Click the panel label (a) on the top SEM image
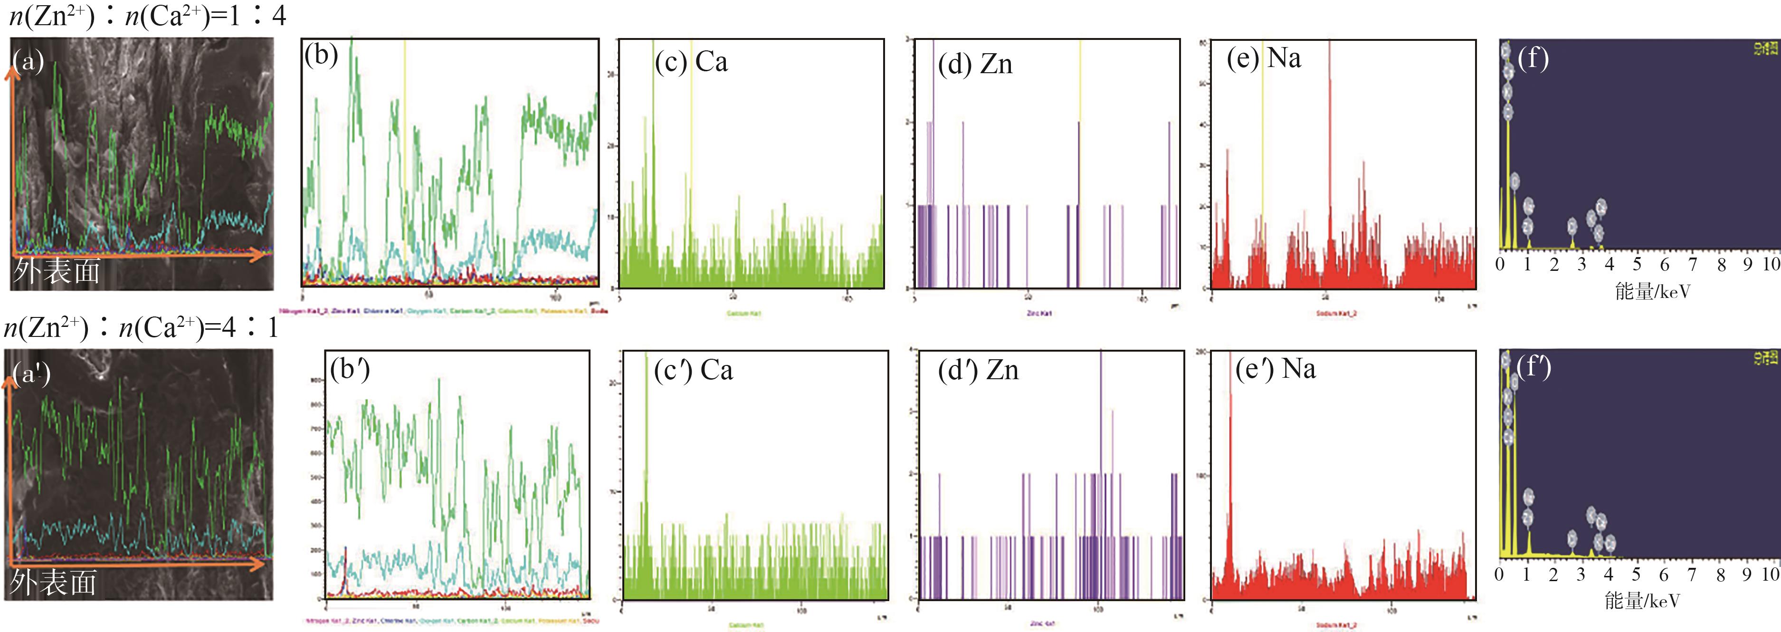[29, 62]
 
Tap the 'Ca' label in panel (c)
[712, 62]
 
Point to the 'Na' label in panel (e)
[1284, 58]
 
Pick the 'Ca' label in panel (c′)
[716, 371]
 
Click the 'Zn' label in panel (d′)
[1002, 371]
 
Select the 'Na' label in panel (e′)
[1298, 369]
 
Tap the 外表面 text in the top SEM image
[57, 271]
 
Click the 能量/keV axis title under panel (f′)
[1642, 600]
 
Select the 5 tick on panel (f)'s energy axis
[1637, 265]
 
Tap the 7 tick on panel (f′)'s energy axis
[1691, 575]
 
